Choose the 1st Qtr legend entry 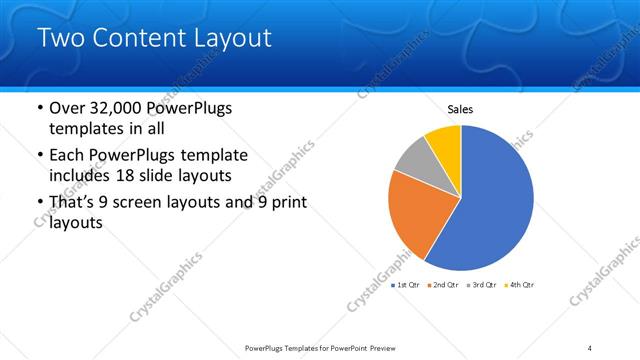[406, 285]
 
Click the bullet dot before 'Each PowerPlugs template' [39, 156]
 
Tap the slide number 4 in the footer [590, 347]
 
